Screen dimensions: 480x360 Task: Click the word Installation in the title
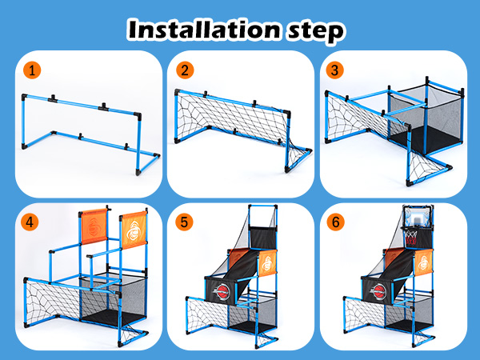point(204,30)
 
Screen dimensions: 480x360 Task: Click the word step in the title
point(316,32)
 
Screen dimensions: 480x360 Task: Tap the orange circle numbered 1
point(32,70)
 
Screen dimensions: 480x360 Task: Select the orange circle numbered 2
point(185,70)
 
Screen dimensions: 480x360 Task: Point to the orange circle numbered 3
point(334,70)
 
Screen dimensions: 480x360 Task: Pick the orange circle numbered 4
point(30,222)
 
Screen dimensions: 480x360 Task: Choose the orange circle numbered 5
point(184,222)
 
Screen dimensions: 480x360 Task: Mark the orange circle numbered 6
point(336,222)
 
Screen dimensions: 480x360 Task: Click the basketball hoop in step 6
point(411,236)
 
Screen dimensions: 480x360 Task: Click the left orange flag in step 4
point(94,226)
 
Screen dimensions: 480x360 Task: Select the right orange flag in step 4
point(134,230)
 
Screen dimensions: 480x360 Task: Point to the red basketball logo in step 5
point(222,291)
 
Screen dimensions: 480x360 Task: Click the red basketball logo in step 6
point(378,291)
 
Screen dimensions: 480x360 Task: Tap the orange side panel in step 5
point(267,262)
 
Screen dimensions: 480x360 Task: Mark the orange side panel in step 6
point(423,262)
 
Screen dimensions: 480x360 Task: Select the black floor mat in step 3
point(426,138)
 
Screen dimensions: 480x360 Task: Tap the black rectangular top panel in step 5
point(263,238)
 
